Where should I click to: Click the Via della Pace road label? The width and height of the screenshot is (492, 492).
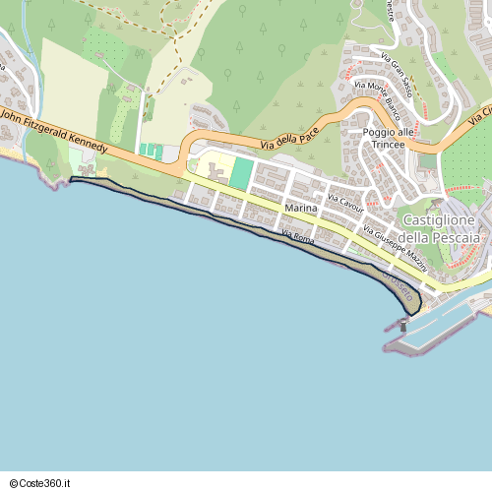(x=295, y=140)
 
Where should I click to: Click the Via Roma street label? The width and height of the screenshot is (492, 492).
(x=297, y=236)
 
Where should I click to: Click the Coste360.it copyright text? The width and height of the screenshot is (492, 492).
(x=42, y=483)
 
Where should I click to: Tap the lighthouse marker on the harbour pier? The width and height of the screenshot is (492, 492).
(x=403, y=325)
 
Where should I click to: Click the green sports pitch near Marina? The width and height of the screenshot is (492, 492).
(x=241, y=174)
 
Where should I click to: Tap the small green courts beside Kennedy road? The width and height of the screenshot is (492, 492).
(x=151, y=150)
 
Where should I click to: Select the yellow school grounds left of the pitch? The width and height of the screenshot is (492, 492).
(x=212, y=168)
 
